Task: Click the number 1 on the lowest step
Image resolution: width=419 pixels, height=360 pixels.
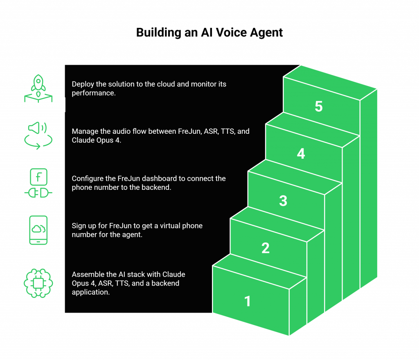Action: coord(248,301)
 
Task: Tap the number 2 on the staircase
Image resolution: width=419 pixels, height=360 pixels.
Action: coord(266,248)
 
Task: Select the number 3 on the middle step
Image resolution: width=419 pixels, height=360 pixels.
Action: coord(283,201)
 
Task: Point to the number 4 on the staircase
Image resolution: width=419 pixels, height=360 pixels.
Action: coord(301,154)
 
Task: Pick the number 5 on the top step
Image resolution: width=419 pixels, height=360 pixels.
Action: coord(319,106)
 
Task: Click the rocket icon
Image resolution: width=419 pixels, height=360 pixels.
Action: coord(38,88)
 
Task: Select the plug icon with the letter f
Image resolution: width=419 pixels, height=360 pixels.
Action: coord(38,183)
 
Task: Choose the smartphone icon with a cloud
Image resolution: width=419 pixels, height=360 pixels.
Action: coord(38,230)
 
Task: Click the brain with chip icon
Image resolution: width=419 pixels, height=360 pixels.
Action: coord(38,283)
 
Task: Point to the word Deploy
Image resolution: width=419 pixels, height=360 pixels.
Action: coord(83,84)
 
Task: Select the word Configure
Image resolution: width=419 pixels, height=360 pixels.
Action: coord(87,179)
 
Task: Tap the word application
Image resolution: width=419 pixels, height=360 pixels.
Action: coord(90,292)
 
